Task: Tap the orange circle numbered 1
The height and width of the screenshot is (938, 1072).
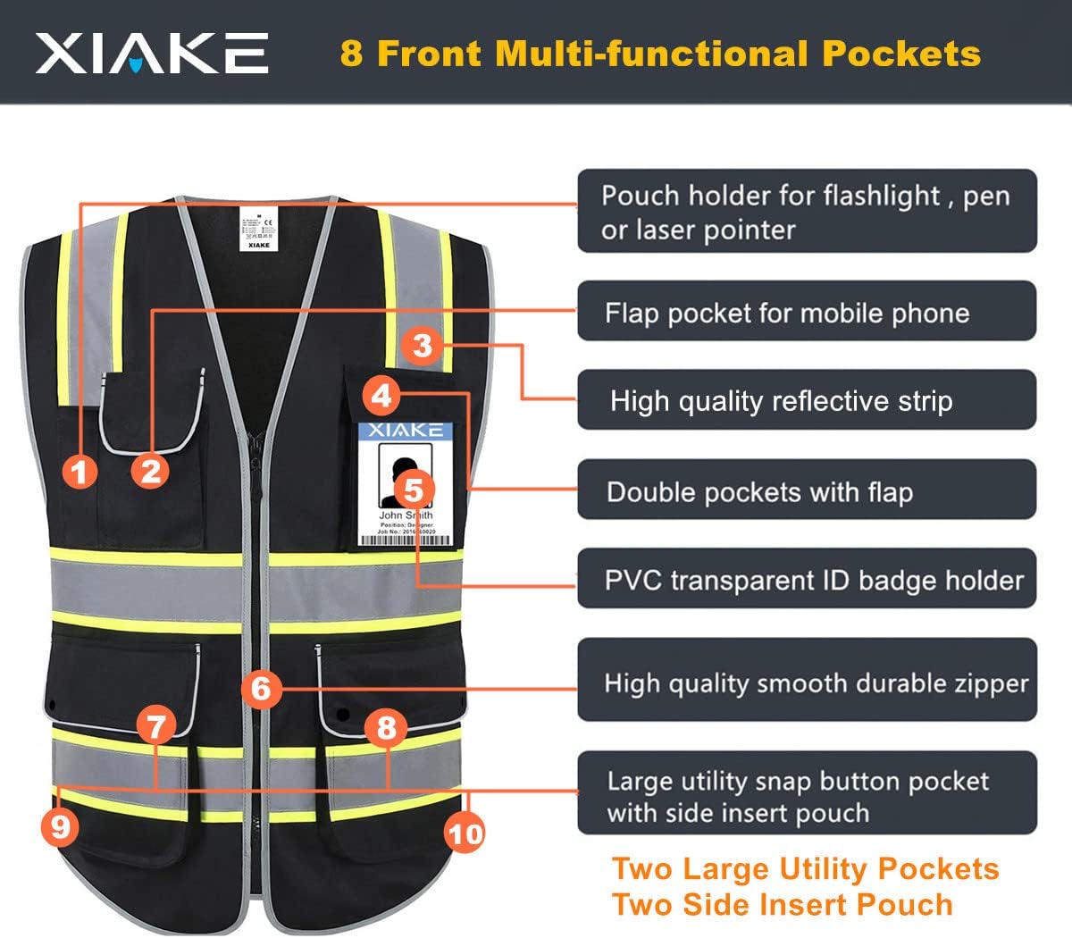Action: pyautogui.click(x=80, y=471)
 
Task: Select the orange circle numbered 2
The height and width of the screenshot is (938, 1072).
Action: pyautogui.click(x=150, y=471)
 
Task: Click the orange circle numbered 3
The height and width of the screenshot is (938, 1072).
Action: pyautogui.click(x=423, y=345)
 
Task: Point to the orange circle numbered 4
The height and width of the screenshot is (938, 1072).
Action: pyautogui.click(x=382, y=395)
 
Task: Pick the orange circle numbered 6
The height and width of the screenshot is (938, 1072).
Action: pyautogui.click(x=261, y=689)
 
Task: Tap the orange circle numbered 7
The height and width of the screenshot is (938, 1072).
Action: pyautogui.click(x=156, y=725)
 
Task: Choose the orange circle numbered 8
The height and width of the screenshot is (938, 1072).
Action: pyautogui.click(x=386, y=727)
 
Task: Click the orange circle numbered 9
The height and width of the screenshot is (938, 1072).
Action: pyautogui.click(x=60, y=826)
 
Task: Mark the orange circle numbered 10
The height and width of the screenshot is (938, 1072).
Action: pyautogui.click(x=465, y=834)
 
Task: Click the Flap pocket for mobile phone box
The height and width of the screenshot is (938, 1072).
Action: pyautogui.click(x=807, y=312)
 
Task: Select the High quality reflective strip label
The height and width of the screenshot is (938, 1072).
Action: pyautogui.click(x=781, y=401)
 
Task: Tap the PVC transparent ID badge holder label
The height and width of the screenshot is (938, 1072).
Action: pyautogui.click(x=813, y=580)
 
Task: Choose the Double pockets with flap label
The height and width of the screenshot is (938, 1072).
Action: pyautogui.click(x=759, y=492)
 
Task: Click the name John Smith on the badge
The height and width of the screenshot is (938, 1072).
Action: pyautogui.click(x=406, y=515)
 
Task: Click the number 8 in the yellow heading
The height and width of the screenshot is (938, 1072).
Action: pyautogui.click(x=351, y=54)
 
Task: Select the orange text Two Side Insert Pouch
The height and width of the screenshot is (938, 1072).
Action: pyautogui.click(x=783, y=904)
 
